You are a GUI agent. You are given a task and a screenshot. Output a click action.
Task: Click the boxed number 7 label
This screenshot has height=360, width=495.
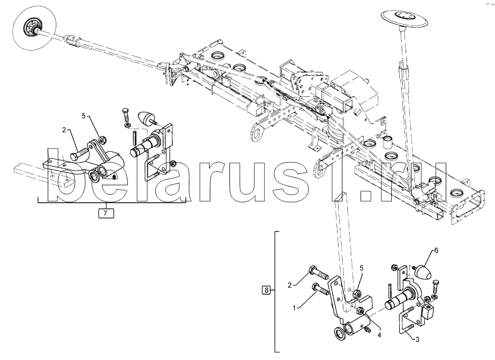pyautogui.click(x=105, y=213)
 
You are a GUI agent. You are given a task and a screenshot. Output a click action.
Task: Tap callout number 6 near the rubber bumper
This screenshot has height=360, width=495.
pyautogui.click(x=435, y=251)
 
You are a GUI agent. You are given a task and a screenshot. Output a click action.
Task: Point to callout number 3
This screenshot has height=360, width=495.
pyautogui.click(x=418, y=340)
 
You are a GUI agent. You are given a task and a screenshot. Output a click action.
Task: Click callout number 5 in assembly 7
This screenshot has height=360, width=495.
pyautogui.click(x=83, y=115)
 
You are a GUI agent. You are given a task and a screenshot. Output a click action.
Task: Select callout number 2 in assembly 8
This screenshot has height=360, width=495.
pyautogui.click(x=289, y=285)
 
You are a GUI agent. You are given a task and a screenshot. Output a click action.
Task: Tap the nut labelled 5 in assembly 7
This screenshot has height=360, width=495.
pyautogui.click(x=104, y=139)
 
